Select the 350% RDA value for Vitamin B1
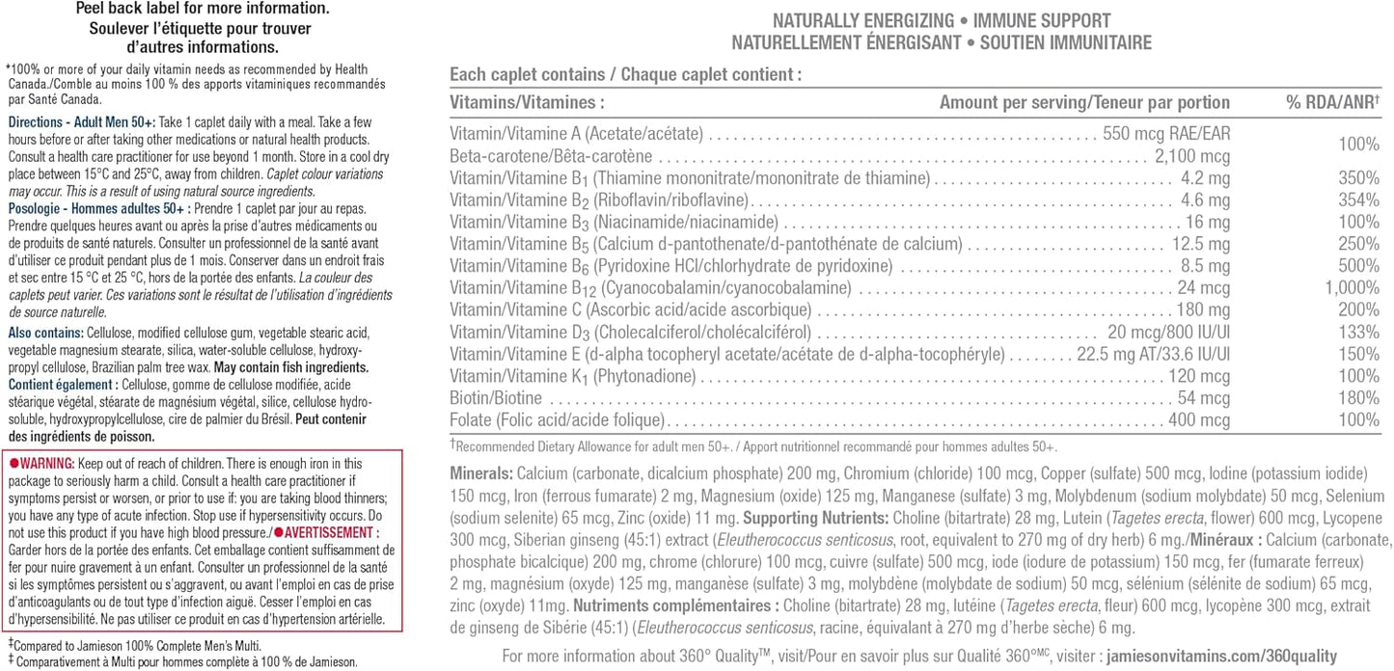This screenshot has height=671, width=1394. coord(1360,178)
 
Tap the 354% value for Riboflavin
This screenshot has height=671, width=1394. coord(1360,201)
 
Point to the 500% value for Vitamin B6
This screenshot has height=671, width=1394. coord(1360,266)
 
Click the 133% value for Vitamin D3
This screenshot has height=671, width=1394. coord(1360,332)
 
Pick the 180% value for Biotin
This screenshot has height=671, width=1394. coord(1360,398)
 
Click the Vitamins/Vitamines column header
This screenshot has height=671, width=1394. coord(528,102)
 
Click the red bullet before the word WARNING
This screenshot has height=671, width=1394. coord(14,464)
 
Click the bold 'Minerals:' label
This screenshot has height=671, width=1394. coord(481,474)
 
